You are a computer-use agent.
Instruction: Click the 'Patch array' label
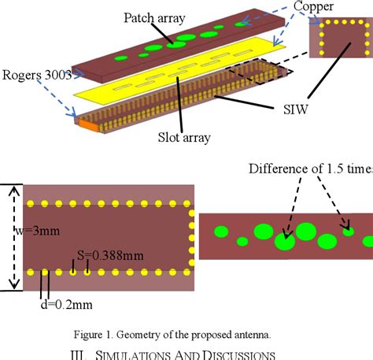154,18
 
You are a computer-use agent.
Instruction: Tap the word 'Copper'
313,7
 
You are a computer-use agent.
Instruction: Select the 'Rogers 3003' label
37,75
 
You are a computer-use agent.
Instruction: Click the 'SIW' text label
295,109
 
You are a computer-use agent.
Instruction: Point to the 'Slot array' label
184,137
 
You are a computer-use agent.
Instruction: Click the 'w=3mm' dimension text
37,231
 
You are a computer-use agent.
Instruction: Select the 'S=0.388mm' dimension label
110,255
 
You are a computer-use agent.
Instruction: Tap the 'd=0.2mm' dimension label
67,305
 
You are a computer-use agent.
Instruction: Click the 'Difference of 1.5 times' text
311,169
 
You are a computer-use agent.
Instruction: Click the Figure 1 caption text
172,335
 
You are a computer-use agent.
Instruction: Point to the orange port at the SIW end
88,124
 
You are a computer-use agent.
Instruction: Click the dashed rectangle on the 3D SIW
260,72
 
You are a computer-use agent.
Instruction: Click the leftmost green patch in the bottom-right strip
221,232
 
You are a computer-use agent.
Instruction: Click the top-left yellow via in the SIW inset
322,25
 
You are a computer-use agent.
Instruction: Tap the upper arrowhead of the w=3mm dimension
14,190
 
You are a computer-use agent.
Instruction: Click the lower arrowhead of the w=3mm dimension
14,284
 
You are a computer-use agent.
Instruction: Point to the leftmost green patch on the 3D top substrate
121,58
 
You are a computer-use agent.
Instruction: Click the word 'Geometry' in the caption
138,335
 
